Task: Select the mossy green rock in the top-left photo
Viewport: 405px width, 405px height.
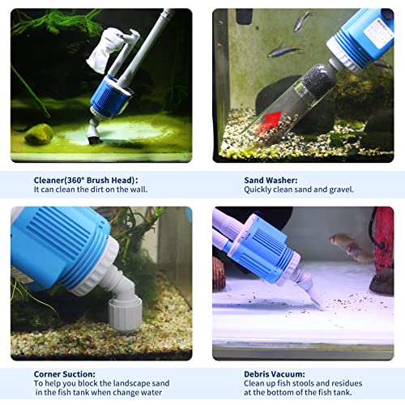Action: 39,133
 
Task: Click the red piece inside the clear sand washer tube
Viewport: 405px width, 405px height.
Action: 277,122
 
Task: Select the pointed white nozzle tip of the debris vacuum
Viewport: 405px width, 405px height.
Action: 313,299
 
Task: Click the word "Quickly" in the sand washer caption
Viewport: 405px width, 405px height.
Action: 258,190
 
